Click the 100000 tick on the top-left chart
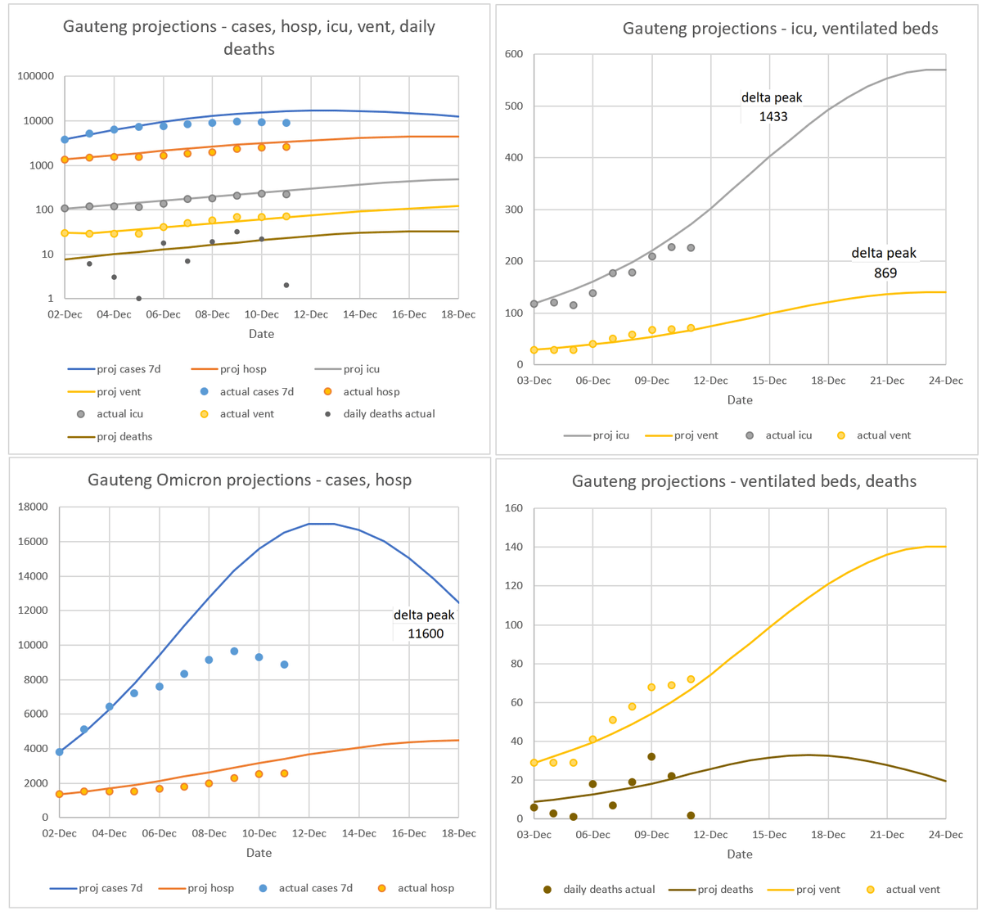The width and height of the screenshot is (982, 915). click(35, 76)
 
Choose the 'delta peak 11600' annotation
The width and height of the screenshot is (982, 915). click(424, 624)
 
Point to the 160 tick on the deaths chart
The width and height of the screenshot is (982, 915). click(512, 508)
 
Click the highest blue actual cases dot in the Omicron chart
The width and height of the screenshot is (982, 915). click(234, 651)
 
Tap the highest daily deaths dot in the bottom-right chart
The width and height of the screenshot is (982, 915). click(651, 757)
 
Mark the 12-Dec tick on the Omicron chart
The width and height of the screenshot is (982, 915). click(309, 833)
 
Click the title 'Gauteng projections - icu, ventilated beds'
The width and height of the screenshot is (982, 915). click(781, 29)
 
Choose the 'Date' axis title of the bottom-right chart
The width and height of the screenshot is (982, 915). click(739, 854)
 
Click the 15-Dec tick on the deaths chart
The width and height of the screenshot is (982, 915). click(769, 834)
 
